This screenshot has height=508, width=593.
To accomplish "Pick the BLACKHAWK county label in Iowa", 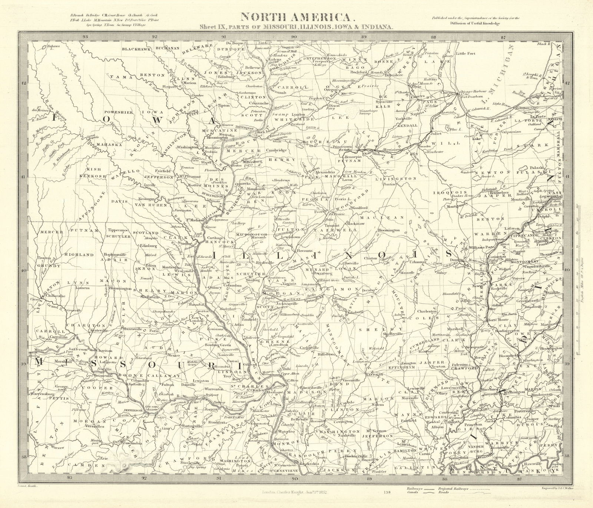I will pyautogui.click(x=135, y=49).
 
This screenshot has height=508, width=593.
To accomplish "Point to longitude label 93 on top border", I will pyautogui.click(x=86, y=36).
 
